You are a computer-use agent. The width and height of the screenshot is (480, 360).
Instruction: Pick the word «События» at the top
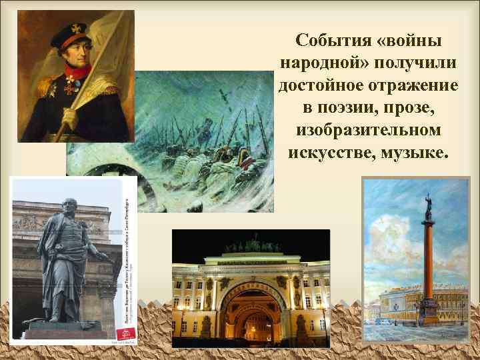330,41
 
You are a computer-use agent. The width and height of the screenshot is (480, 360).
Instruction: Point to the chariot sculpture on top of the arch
251,245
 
